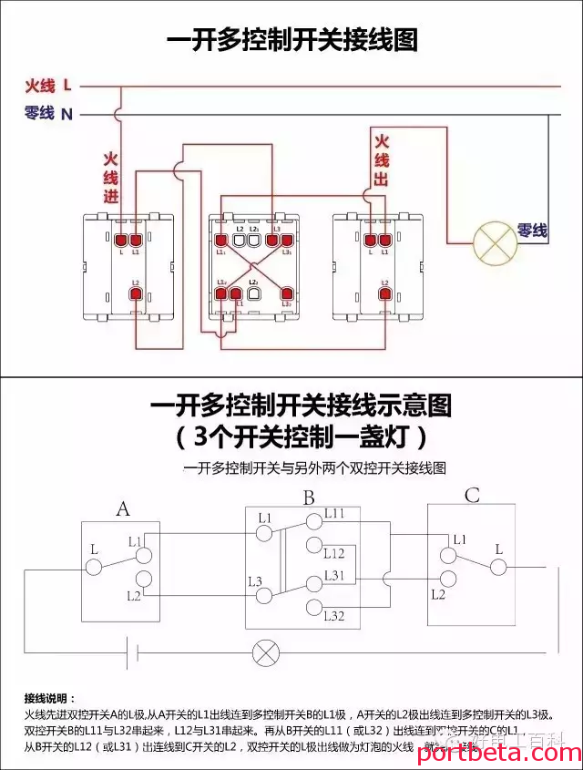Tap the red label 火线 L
point(47,86)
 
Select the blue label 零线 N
point(47,114)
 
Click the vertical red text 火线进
point(110,177)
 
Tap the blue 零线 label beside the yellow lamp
point(533,231)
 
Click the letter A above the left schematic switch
point(123,508)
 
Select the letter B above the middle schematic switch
point(309,498)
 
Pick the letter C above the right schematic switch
point(472,496)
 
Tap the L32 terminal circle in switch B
point(312,607)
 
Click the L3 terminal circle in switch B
point(264,595)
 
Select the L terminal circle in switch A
point(94,567)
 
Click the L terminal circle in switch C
point(497,567)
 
